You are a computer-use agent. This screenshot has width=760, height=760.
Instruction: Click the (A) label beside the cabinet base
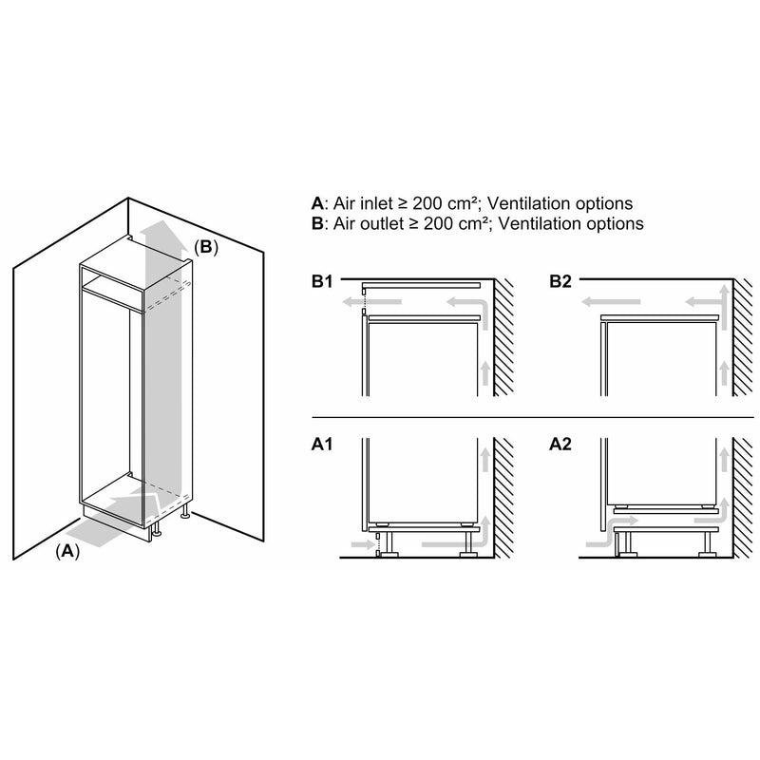tap(66, 550)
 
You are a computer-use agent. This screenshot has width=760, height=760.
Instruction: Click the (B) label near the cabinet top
tap(206, 247)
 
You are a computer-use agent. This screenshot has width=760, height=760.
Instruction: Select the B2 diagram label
tap(561, 281)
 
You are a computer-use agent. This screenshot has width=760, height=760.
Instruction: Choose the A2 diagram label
tap(561, 443)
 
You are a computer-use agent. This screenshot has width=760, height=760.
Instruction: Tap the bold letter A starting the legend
tap(317, 203)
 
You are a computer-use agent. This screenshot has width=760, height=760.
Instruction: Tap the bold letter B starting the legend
tap(317, 224)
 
